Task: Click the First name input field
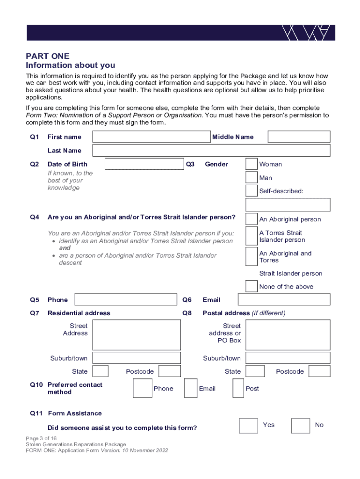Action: coord(151,137)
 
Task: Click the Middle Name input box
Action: coord(299,137)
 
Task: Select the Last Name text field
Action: coord(211,150)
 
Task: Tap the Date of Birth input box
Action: coord(144,164)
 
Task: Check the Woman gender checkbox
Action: coord(252,164)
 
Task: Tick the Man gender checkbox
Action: coord(252,178)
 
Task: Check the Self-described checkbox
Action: coord(252,191)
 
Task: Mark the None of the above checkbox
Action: coord(252,286)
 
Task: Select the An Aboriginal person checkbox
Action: coord(252,219)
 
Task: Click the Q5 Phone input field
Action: coord(125,299)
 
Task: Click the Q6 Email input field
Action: coord(284,299)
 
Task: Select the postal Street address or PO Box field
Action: coord(288,334)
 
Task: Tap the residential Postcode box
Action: coord(170,371)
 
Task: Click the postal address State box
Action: coord(255,371)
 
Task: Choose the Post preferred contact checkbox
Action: coord(238,388)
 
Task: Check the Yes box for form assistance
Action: coord(248,425)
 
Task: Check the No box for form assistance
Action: coord(300,425)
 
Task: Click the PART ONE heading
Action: coord(48,57)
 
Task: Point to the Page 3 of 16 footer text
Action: coord(42,438)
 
